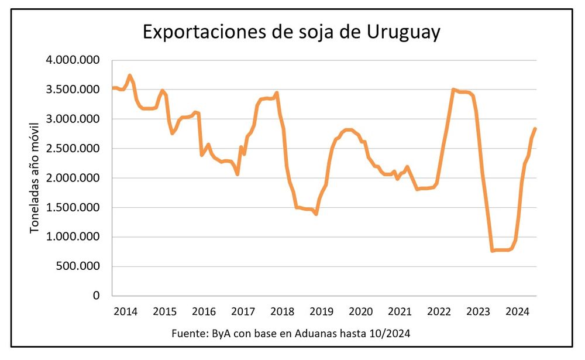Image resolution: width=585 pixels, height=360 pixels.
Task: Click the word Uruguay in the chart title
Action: tap(404, 33)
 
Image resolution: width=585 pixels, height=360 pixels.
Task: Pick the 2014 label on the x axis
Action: tap(126, 311)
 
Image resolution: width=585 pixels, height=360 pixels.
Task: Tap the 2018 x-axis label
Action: tap(282, 311)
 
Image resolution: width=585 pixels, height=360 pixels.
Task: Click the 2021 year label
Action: tap(400, 311)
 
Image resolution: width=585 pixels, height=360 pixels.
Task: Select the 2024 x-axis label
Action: tap(517, 311)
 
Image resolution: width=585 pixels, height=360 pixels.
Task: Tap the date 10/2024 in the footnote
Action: tap(391, 334)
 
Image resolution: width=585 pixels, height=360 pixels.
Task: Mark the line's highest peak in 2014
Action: tap(130, 76)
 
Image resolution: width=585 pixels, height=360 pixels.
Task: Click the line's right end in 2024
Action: tap(535, 129)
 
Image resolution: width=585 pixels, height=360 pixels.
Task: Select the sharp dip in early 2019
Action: tap(316, 214)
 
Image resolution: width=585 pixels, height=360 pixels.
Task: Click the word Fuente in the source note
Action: tap(187, 334)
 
